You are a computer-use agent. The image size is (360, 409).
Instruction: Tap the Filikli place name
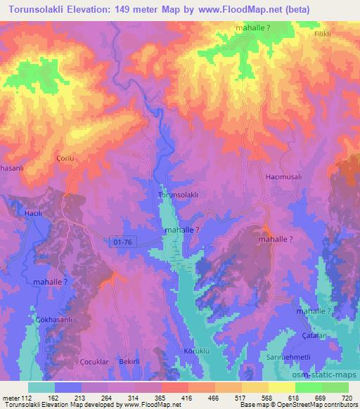click(x=322, y=33)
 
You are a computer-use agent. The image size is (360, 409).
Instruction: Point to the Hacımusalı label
click(x=283, y=178)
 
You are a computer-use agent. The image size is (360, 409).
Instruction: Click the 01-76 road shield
click(x=122, y=241)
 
